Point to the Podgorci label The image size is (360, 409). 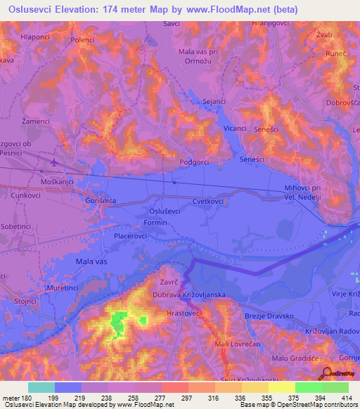click(195, 162)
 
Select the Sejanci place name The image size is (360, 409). click(214, 101)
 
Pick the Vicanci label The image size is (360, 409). click(235, 129)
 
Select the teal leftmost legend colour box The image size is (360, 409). click(41, 387)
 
